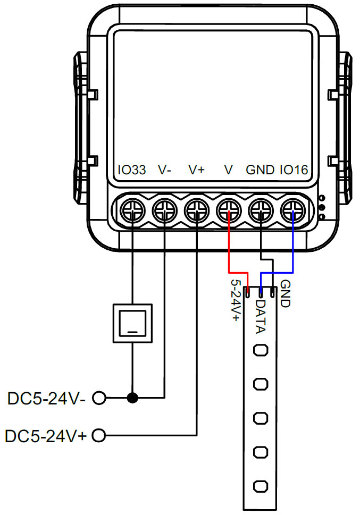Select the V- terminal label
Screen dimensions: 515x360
click(x=165, y=170)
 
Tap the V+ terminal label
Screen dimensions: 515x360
click(x=197, y=170)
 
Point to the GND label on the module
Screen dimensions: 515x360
click(x=260, y=170)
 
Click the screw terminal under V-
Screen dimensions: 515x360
click(x=164, y=212)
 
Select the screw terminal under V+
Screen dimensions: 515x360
click(x=197, y=212)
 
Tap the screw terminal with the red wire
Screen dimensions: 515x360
click(x=229, y=212)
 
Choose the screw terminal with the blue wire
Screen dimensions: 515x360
click(x=293, y=212)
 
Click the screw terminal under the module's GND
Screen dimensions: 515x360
click(x=261, y=212)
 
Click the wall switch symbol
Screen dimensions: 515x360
click(x=132, y=323)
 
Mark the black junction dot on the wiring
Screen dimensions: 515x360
click(x=132, y=397)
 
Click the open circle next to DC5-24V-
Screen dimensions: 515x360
click(x=99, y=397)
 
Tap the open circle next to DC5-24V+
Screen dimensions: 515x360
click(x=99, y=436)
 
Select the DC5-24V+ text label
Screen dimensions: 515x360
click(x=46, y=436)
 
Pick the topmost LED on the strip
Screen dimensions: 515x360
click(x=261, y=351)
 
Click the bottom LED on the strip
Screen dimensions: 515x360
click(x=261, y=486)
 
